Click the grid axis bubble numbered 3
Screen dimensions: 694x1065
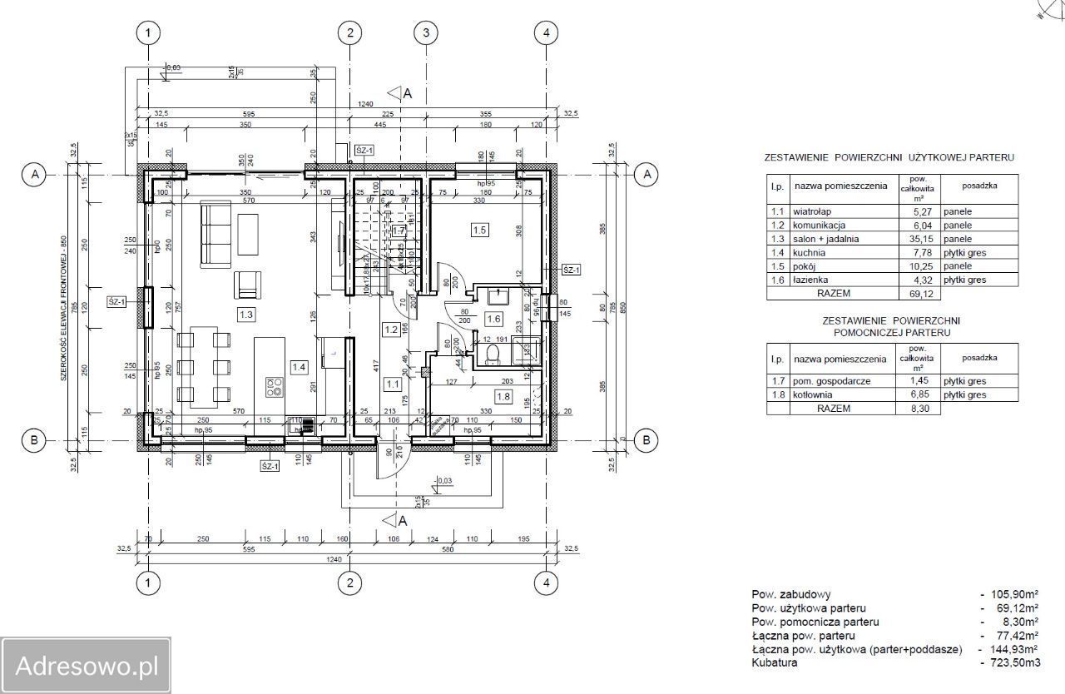point(426,32)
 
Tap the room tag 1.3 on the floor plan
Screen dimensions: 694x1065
point(246,315)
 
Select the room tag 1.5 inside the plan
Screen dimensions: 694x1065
point(478,230)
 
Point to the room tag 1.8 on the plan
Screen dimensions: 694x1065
point(503,397)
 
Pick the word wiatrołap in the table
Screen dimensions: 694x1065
point(813,211)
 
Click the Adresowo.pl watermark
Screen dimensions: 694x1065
point(86,666)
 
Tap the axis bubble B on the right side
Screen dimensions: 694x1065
point(646,440)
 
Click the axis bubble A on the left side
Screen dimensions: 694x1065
point(34,174)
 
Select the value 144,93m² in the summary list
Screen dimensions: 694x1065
point(1013,649)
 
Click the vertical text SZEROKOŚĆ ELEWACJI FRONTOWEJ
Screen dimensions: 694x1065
point(62,309)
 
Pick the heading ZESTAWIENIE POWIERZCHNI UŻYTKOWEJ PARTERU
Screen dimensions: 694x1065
point(889,156)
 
